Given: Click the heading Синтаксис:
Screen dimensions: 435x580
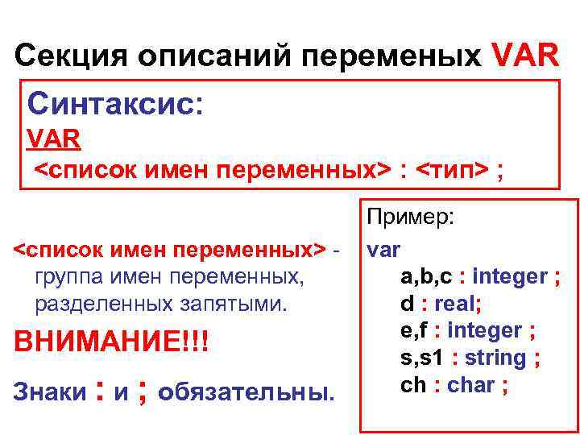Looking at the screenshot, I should pyautogui.click(x=116, y=103).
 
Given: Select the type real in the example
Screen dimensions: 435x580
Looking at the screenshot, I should pyautogui.click(x=454, y=304).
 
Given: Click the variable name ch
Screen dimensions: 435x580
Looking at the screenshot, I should pyautogui.click(x=412, y=385).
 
